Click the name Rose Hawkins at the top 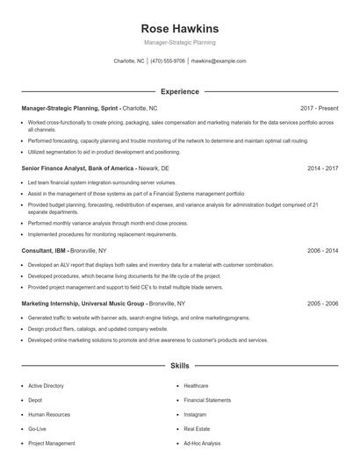179,28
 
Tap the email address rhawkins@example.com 218,61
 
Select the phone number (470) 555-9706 168,61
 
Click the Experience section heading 179,91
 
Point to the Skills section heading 179,364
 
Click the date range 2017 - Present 319,108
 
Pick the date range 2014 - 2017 322,167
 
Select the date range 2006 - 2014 322,250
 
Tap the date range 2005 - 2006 322,303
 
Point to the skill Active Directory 46,385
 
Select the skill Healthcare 196,385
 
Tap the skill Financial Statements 207,400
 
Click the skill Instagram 195,414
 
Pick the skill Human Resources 48,414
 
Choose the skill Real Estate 197,429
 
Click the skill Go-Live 37,429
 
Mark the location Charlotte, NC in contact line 130,61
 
